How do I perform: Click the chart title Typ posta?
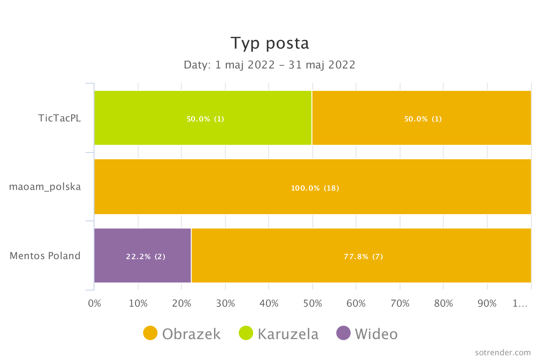tap(270, 43)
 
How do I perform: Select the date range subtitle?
tap(270, 65)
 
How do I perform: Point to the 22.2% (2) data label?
tap(146, 257)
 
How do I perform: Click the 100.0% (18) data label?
tap(315, 188)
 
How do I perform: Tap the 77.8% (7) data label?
tap(363, 257)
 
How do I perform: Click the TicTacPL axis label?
tap(59, 118)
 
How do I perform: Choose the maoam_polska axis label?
tap(45, 187)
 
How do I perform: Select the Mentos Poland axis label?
tap(45, 256)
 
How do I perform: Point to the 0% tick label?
tap(94, 303)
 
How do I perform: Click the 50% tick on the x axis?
tap(313, 303)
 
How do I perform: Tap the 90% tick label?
tap(487, 303)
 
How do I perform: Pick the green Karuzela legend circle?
tap(246, 333)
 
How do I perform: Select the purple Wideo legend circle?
tap(344, 333)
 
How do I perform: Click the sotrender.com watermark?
tap(503, 353)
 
